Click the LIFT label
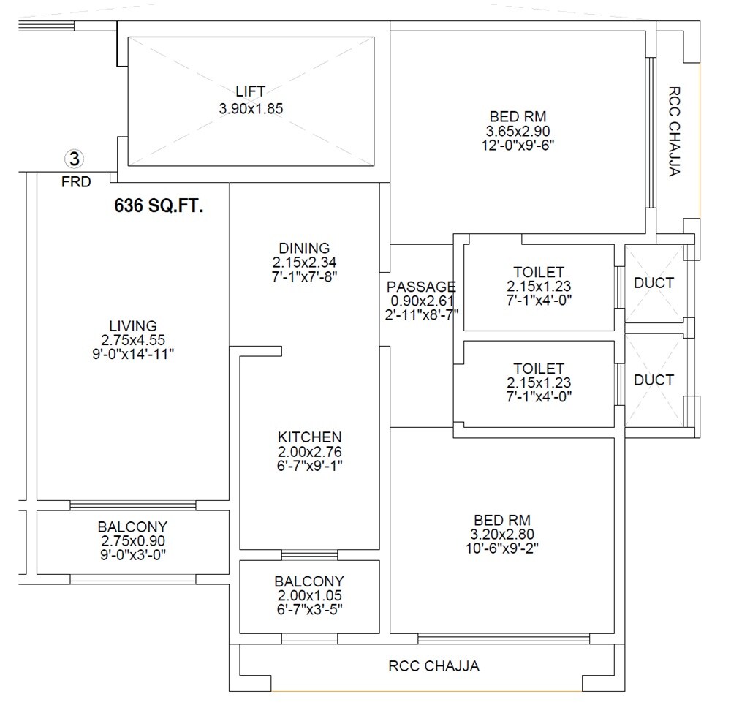click(x=250, y=91)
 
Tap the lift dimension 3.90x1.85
click(x=250, y=107)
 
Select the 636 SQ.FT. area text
click(x=159, y=206)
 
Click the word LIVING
click(x=132, y=325)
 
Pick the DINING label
click(x=304, y=248)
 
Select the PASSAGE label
click(x=421, y=287)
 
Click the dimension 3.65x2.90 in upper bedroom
click(x=518, y=131)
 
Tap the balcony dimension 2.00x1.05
click(x=309, y=596)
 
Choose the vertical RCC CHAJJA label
click(x=674, y=132)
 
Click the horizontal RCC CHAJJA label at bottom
click(x=433, y=666)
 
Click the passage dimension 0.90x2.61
click(x=421, y=301)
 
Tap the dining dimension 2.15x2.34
click(x=304, y=262)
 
